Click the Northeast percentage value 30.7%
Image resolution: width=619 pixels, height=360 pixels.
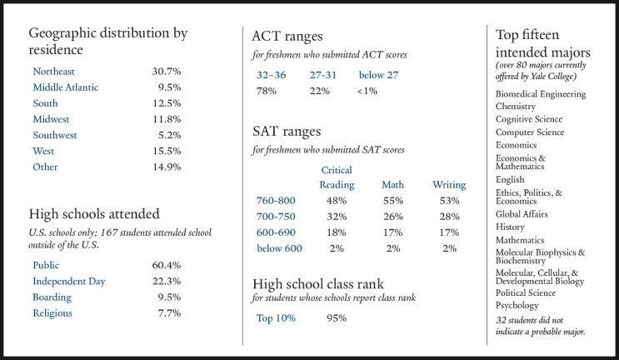[167, 72]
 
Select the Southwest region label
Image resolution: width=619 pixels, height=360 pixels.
[55, 135]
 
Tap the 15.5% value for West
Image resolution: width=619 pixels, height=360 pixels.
[167, 151]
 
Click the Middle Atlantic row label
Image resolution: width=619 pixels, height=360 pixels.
[66, 87]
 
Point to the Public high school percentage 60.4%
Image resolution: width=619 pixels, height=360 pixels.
[167, 265]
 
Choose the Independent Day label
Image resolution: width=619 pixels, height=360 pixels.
[69, 282]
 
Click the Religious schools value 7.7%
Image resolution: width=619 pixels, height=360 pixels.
[169, 313]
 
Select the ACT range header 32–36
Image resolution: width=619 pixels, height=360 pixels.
[272, 75]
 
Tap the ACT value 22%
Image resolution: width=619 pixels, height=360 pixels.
[320, 91]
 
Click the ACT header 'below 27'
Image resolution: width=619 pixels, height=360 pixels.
[378, 75]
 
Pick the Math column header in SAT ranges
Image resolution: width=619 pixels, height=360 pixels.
[392, 185]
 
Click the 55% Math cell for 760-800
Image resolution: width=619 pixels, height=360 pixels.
[393, 201]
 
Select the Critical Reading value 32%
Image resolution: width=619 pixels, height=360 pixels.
[337, 217]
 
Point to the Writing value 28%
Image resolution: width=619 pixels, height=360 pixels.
[450, 217]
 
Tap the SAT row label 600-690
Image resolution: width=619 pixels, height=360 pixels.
[276, 232]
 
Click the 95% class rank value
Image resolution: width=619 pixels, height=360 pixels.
[337, 318]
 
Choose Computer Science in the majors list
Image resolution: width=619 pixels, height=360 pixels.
[530, 132]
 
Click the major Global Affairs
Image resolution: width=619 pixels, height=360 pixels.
[522, 214]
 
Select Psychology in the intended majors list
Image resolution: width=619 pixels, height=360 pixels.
[517, 306]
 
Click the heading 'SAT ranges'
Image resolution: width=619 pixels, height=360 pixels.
[287, 131]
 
